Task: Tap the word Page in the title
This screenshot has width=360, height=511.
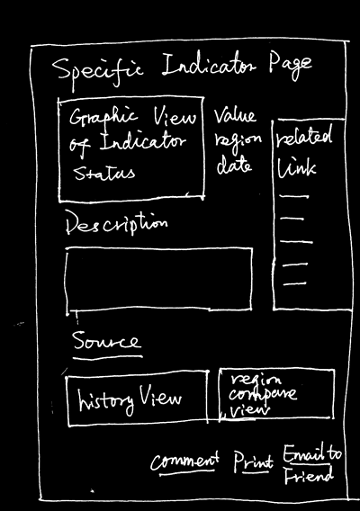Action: point(290,67)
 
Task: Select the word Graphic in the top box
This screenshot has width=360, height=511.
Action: point(103,118)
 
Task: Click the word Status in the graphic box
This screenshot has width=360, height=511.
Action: point(104,173)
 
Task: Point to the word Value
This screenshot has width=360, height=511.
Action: point(235,116)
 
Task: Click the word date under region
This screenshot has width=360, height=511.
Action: point(234,166)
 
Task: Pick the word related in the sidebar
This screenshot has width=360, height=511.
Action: point(304,135)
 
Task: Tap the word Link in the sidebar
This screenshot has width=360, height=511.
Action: point(296,169)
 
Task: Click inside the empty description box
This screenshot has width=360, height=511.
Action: point(158,279)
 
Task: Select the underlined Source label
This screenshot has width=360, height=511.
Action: point(106,341)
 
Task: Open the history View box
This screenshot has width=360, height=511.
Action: point(138,399)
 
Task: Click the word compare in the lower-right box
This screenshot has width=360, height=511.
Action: point(263,395)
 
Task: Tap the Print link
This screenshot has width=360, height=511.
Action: point(254,461)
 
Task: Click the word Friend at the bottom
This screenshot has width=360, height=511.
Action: point(309,476)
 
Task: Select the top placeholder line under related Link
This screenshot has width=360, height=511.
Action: point(293,196)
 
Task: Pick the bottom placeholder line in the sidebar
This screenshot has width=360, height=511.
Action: point(294,284)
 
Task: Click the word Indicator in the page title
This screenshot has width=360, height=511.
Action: point(209,67)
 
